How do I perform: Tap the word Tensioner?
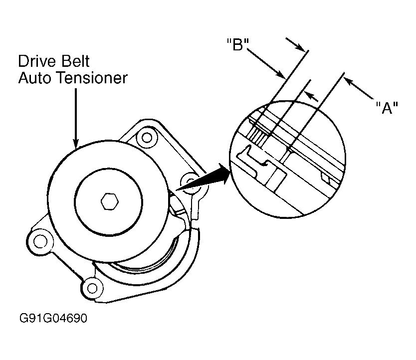93,78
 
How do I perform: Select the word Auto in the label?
36,78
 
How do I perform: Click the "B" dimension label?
238,44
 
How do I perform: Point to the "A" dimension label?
387,108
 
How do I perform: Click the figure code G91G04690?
53,318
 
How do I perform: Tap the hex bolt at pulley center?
110,202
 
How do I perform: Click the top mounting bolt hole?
147,138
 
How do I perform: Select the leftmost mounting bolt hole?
40,242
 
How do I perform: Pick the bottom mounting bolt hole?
92,288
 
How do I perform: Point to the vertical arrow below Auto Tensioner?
76,118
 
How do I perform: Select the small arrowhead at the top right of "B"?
301,47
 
